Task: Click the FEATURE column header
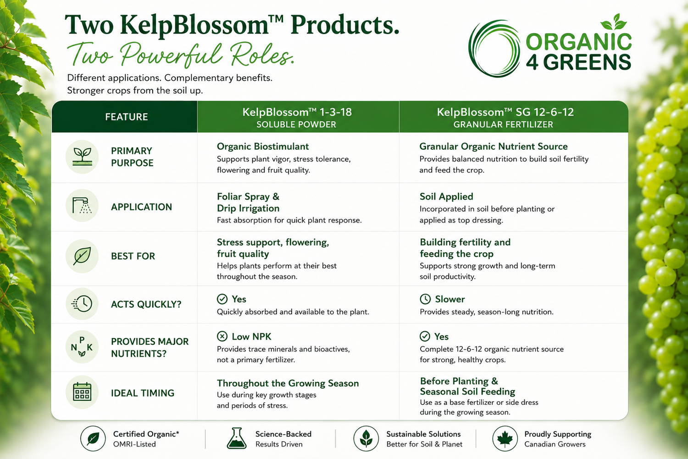click(x=126, y=117)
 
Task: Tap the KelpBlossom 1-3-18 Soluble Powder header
click(x=297, y=118)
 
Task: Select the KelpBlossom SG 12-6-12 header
click(x=505, y=118)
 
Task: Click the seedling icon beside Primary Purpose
click(x=82, y=157)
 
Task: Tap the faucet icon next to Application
click(x=82, y=205)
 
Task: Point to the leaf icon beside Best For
click(x=82, y=256)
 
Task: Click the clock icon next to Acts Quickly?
click(x=82, y=304)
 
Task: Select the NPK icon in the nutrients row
click(x=82, y=347)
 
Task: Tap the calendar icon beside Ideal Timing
click(x=82, y=392)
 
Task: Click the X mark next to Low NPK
click(x=222, y=336)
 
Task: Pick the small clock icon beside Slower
click(x=425, y=299)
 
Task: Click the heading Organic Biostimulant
click(x=263, y=146)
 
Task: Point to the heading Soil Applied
click(x=446, y=196)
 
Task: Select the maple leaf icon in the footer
click(x=505, y=439)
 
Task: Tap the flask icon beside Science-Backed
click(x=237, y=438)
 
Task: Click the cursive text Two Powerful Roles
click(x=181, y=55)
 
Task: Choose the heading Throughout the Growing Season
click(x=288, y=383)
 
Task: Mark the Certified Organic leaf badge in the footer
click(x=93, y=439)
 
